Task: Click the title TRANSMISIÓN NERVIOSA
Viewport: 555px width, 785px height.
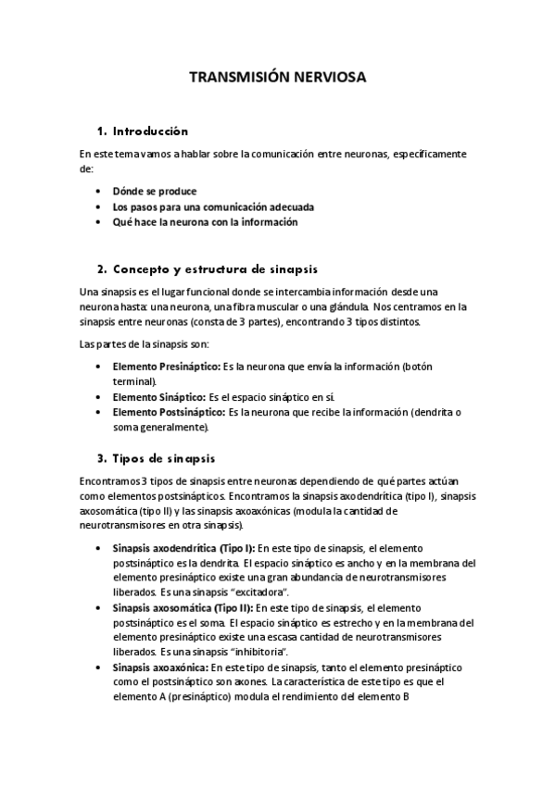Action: (277, 78)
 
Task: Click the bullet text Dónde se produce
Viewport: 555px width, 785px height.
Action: (155, 192)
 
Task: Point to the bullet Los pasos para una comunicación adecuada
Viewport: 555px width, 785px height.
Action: (208, 206)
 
